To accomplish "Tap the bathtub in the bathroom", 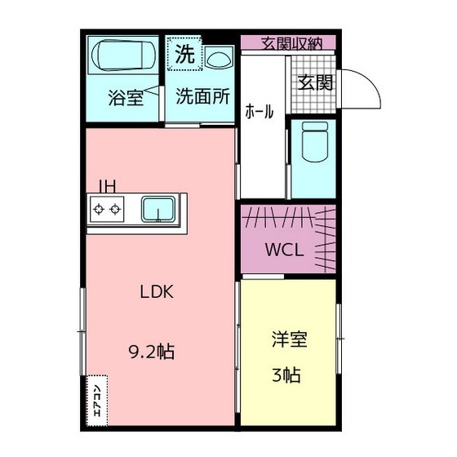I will pos(123,57).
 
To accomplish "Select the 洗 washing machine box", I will pos(185,55).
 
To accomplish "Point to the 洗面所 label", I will pos(202,97).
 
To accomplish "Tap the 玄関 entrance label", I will pos(314,82).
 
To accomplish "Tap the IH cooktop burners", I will pos(108,210).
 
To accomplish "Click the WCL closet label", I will pos(284,251).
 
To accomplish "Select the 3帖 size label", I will pos(286,375).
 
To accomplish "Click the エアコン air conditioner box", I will pos(95,399).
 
